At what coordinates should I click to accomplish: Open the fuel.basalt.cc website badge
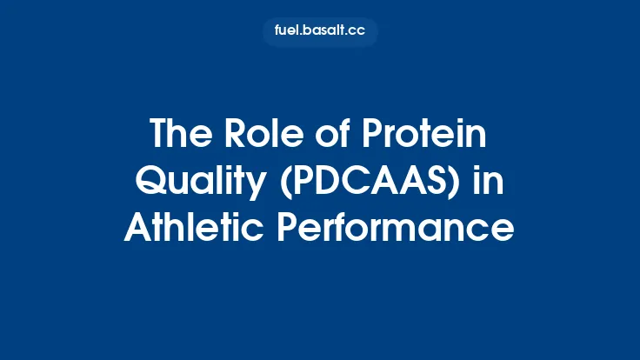320,32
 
